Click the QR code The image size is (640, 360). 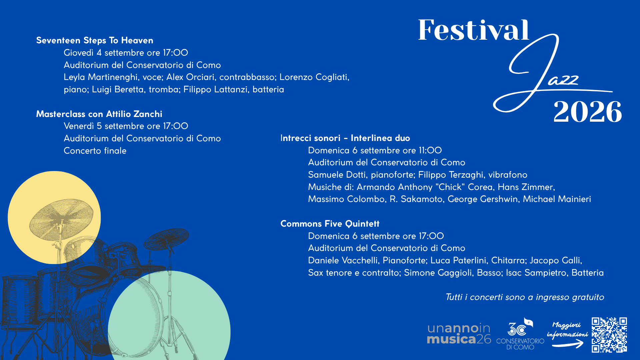[x=609, y=335]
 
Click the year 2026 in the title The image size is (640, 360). [x=588, y=112]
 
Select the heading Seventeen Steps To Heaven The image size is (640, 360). [x=95, y=40]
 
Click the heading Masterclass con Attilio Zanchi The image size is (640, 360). [x=99, y=114]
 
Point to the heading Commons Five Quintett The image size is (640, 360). [x=330, y=224]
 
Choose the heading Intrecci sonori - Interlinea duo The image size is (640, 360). [x=345, y=138]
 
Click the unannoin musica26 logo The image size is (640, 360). [x=459, y=333]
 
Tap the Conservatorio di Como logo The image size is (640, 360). [x=520, y=333]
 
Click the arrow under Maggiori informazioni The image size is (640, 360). [x=568, y=344]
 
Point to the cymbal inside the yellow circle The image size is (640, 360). [x=62, y=218]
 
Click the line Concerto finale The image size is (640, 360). [x=95, y=151]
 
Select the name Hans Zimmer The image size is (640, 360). [x=526, y=187]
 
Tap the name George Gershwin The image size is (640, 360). [x=483, y=199]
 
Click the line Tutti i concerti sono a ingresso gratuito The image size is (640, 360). [x=525, y=297]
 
